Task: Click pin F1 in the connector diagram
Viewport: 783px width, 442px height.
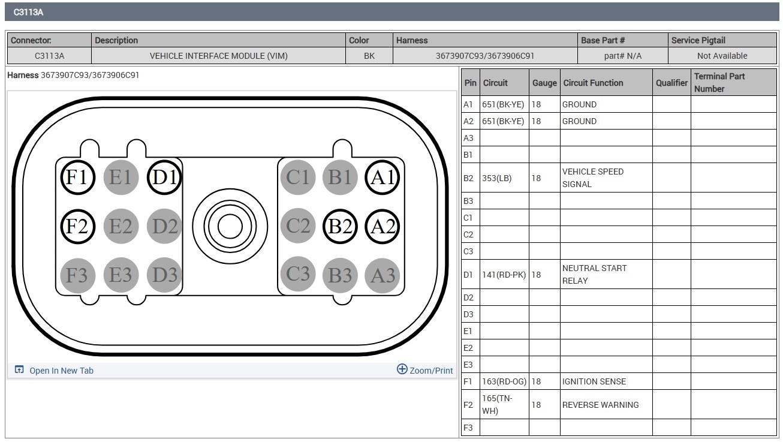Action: (x=77, y=178)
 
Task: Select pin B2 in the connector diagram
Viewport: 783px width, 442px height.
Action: (x=340, y=226)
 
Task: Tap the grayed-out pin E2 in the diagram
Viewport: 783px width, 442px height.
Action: (x=121, y=226)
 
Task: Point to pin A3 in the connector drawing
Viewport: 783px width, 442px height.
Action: (x=382, y=275)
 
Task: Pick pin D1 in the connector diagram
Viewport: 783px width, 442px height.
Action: (x=164, y=178)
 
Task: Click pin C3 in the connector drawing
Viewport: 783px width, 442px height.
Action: (x=298, y=274)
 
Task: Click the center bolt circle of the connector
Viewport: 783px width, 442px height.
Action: (x=230, y=226)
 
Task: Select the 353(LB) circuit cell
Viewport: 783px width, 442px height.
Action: (x=504, y=178)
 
